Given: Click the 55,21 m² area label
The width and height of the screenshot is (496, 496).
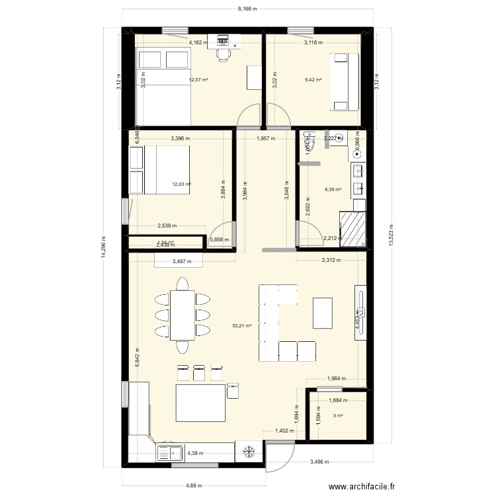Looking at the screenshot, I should pyautogui.click(x=242, y=325).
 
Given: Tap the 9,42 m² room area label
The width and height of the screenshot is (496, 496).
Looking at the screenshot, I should pyautogui.click(x=313, y=80).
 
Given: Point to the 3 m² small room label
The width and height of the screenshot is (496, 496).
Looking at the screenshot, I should pyautogui.click(x=338, y=415).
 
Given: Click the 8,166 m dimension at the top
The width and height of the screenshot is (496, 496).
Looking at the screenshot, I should pyautogui.click(x=247, y=9).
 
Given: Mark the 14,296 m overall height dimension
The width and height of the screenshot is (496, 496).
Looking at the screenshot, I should pyautogui.click(x=103, y=248).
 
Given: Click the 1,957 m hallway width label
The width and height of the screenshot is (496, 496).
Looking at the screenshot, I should pyautogui.click(x=266, y=139).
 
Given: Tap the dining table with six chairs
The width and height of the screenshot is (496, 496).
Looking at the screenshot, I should pyautogui.click(x=182, y=315).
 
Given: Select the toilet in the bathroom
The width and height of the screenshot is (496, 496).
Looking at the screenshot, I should pyautogui.click(x=308, y=140).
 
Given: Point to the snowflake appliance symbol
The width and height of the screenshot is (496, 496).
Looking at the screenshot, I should pyautogui.click(x=249, y=453).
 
